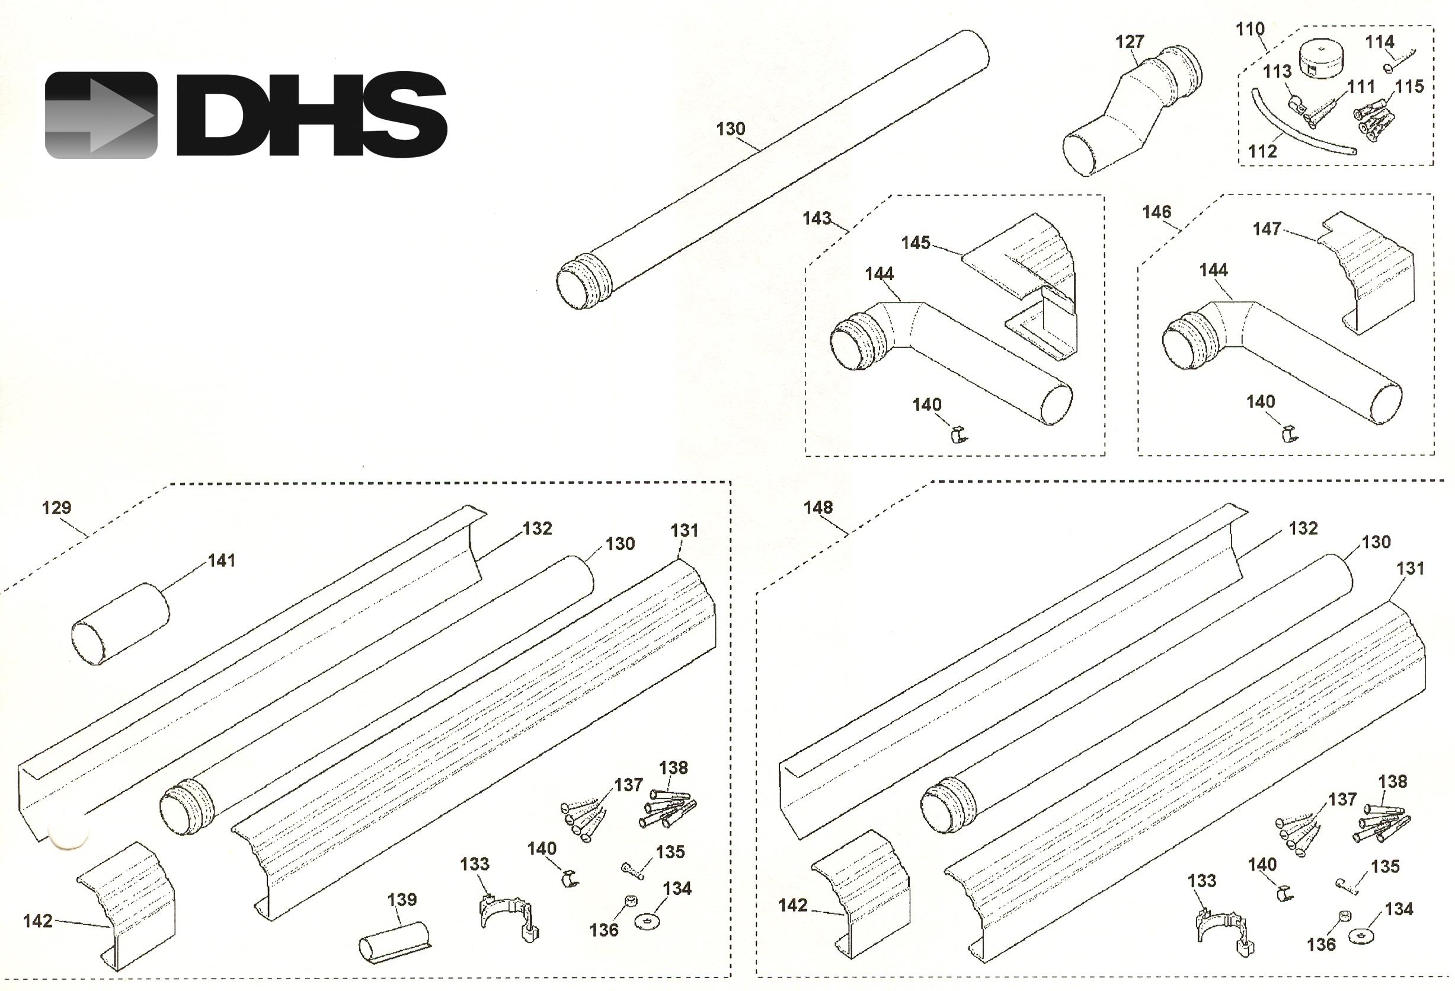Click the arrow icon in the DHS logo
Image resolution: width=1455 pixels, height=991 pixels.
101,115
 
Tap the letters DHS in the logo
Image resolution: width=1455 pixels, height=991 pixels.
312,114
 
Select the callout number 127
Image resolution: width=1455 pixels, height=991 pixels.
1130,42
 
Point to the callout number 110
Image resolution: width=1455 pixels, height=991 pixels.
1250,29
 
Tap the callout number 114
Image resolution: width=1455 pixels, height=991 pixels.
1379,42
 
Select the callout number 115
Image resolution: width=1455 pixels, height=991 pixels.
1409,87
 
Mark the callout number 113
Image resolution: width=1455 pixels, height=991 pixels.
1277,71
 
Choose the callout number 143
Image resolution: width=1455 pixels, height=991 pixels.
817,218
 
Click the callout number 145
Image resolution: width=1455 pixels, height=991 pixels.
915,243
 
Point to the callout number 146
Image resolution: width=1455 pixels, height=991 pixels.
1156,212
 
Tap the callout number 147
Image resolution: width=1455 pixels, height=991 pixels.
1267,230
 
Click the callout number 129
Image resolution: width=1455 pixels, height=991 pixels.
56,508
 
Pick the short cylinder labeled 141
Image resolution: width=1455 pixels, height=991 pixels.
120,624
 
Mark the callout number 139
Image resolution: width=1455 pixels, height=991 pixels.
401,900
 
